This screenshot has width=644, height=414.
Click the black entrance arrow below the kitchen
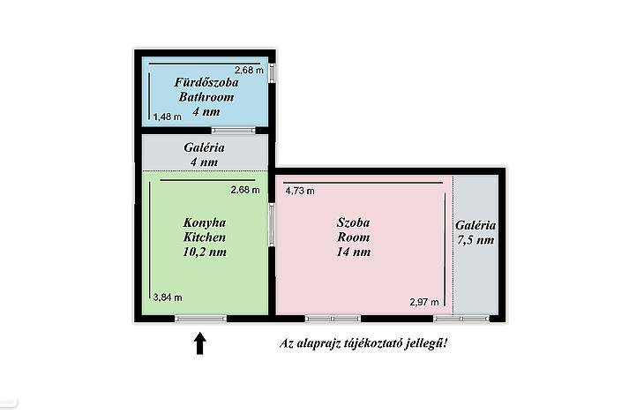[x=199, y=343]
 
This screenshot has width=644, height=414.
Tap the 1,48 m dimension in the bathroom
[x=167, y=117]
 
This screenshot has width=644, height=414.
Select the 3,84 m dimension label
[x=168, y=297]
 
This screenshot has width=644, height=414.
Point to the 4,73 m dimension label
[x=300, y=191]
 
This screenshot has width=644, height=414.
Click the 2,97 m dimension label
[x=424, y=302]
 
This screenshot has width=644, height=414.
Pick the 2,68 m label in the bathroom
[x=249, y=70]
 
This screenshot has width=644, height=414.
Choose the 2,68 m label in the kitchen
[x=245, y=190]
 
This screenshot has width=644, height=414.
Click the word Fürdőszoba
[x=206, y=82]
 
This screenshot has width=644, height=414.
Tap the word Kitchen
[x=204, y=237]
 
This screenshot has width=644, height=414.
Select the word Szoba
[x=353, y=222]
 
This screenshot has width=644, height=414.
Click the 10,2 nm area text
[x=205, y=252]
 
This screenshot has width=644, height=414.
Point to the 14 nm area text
[x=353, y=252]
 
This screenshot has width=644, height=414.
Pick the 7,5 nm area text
[x=476, y=240]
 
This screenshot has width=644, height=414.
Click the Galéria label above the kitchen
[x=204, y=147]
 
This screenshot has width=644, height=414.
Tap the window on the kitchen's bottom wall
[x=201, y=319]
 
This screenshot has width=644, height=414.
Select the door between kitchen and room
[x=272, y=224]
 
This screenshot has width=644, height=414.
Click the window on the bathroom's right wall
[x=272, y=73]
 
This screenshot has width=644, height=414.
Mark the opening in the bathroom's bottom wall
[x=233, y=131]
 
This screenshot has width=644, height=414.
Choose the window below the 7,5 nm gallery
[x=461, y=319]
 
